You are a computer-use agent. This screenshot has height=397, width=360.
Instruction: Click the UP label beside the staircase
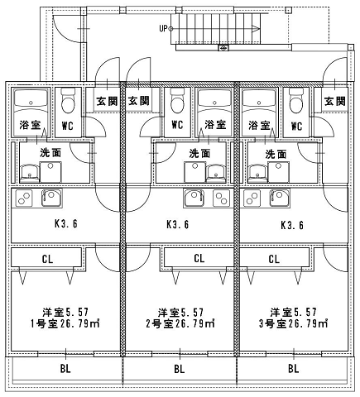(163, 28)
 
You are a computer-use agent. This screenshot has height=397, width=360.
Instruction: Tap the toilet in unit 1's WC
(68, 101)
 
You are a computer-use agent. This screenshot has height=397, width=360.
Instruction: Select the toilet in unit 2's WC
(177, 101)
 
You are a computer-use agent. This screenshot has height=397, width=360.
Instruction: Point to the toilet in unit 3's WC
(296, 101)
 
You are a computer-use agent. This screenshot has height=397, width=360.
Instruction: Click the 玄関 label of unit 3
(335, 102)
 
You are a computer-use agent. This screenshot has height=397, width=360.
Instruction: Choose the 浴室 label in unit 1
(30, 125)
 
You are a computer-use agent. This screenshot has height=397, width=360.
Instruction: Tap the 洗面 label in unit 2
(199, 153)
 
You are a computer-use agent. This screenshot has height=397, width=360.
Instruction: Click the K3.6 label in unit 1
(66, 224)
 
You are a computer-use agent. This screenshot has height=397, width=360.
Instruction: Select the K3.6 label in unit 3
(292, 225)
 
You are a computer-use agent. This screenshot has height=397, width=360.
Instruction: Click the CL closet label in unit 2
(199, 259)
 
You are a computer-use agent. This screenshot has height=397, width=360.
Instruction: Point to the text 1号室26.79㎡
(65, 323)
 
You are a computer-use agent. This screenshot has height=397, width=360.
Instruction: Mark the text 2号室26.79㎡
(180, 323)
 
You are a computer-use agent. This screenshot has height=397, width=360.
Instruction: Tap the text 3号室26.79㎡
(293, 323)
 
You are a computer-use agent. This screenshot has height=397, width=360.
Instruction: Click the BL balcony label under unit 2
(180, 369)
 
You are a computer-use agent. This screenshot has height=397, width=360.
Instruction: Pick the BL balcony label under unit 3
(294, 369)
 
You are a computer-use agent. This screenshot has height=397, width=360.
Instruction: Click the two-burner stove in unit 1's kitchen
(24, 198)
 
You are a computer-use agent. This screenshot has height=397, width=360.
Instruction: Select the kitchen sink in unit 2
(195, 198)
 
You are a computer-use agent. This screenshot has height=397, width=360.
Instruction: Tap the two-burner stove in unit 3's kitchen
(252, 198)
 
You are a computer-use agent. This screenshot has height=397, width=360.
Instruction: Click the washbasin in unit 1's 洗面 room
(29, 174)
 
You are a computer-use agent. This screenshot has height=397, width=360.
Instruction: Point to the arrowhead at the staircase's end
(256, 28)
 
